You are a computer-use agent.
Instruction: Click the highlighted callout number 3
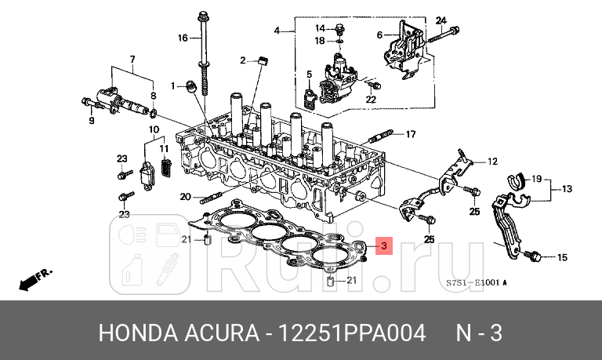point(383,246)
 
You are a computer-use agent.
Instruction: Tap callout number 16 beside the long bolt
point(183,38)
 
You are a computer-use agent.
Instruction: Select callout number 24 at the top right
point(441,20)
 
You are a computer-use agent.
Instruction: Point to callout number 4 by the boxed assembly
point(277,31)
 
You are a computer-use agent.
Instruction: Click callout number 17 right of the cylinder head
point(410,134)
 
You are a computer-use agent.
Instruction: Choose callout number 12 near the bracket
point(492,162)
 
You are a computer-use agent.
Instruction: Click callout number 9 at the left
point(92,121)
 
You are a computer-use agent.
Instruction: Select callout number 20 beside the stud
point(184,197)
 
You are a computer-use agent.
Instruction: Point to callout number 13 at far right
point(567,188)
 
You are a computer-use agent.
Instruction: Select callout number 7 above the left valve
point(132,60)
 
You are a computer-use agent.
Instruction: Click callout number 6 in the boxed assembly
point(379,35)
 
